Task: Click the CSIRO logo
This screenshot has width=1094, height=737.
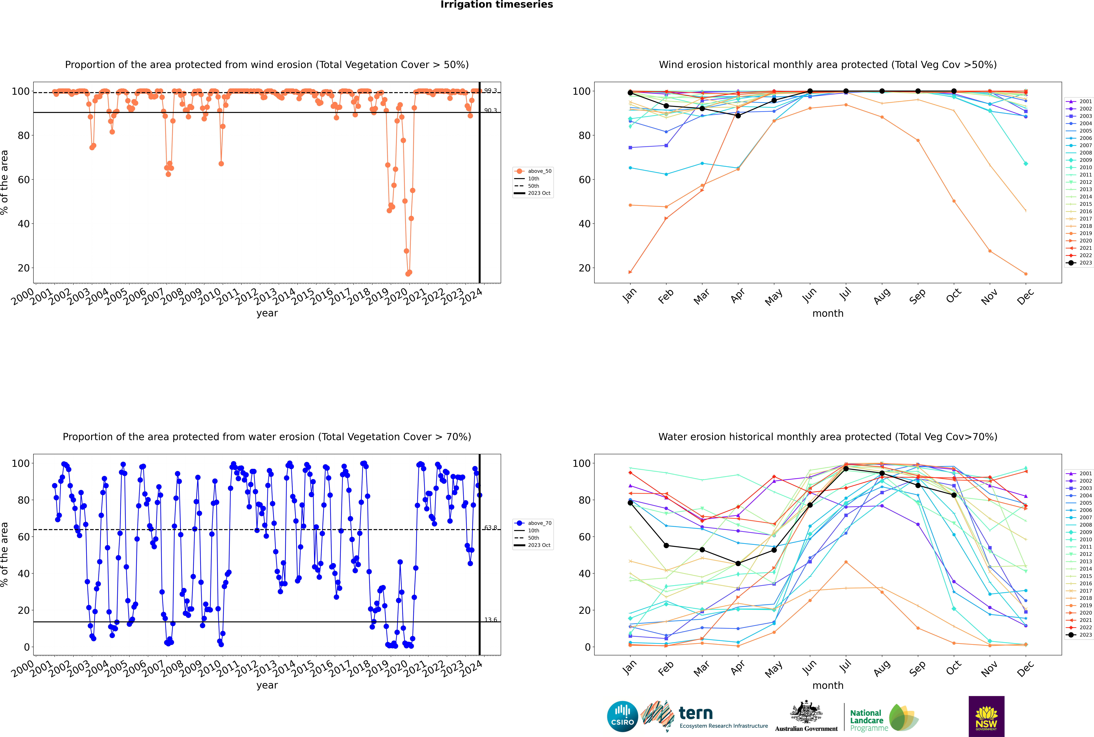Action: pyautogui.click(x=622, y=716)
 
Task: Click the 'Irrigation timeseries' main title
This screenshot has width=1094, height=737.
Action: pyautogui.click(x=497, y=5)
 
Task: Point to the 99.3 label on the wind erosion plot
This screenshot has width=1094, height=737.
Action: pyautogui.click(x=490, y=91)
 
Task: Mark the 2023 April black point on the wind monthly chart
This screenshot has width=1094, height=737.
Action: pyautogui.click(x=738, y=116)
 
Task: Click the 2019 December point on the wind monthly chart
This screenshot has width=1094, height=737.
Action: pyautogui.click(x=1026, y=274)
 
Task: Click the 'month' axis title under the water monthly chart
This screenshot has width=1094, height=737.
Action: pyautogui.click(x=828, y=685)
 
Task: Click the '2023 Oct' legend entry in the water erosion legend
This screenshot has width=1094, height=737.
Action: pyautogui.click(x=539, y=545)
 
